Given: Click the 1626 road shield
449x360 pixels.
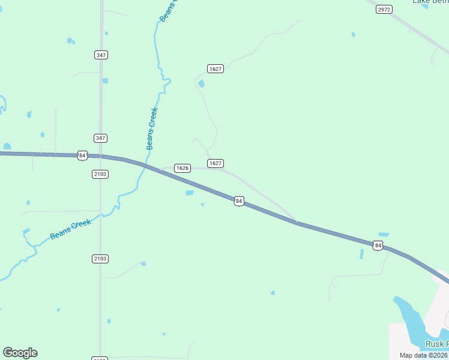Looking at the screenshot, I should [x=182, y=168].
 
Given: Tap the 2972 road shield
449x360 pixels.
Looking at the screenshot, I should [x=384, y=10].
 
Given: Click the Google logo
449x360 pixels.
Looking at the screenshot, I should [x=20, y=353].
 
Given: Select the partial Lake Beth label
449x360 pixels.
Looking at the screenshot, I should [x=430, y=2].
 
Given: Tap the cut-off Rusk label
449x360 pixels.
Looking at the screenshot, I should [x=436, y=344].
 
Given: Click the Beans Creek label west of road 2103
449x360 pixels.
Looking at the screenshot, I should [x=70, y=229].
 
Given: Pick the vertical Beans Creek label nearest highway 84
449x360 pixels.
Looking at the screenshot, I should [x=152, y=128].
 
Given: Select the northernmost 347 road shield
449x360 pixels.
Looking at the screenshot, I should [x=101, y=55].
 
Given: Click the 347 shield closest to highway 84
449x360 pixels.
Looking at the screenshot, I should [x=101, y=138].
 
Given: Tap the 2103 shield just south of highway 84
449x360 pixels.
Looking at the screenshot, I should [x=100, y=174].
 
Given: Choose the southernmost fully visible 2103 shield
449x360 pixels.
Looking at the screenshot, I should [x=100, y=259].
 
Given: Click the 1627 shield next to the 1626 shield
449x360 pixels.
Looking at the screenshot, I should [x=215, y=163].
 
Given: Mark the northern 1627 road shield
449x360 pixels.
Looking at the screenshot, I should [x=215, y=69].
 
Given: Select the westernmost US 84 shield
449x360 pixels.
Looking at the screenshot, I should [x=83, y=155].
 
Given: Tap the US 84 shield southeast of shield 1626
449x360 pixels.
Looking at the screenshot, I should [x=239, y=201].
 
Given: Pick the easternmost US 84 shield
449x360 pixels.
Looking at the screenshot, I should [x=377, y=245].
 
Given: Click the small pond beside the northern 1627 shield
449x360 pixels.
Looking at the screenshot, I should [x=201, y=83].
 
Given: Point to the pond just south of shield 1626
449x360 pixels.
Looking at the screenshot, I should [x=190, y=193].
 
